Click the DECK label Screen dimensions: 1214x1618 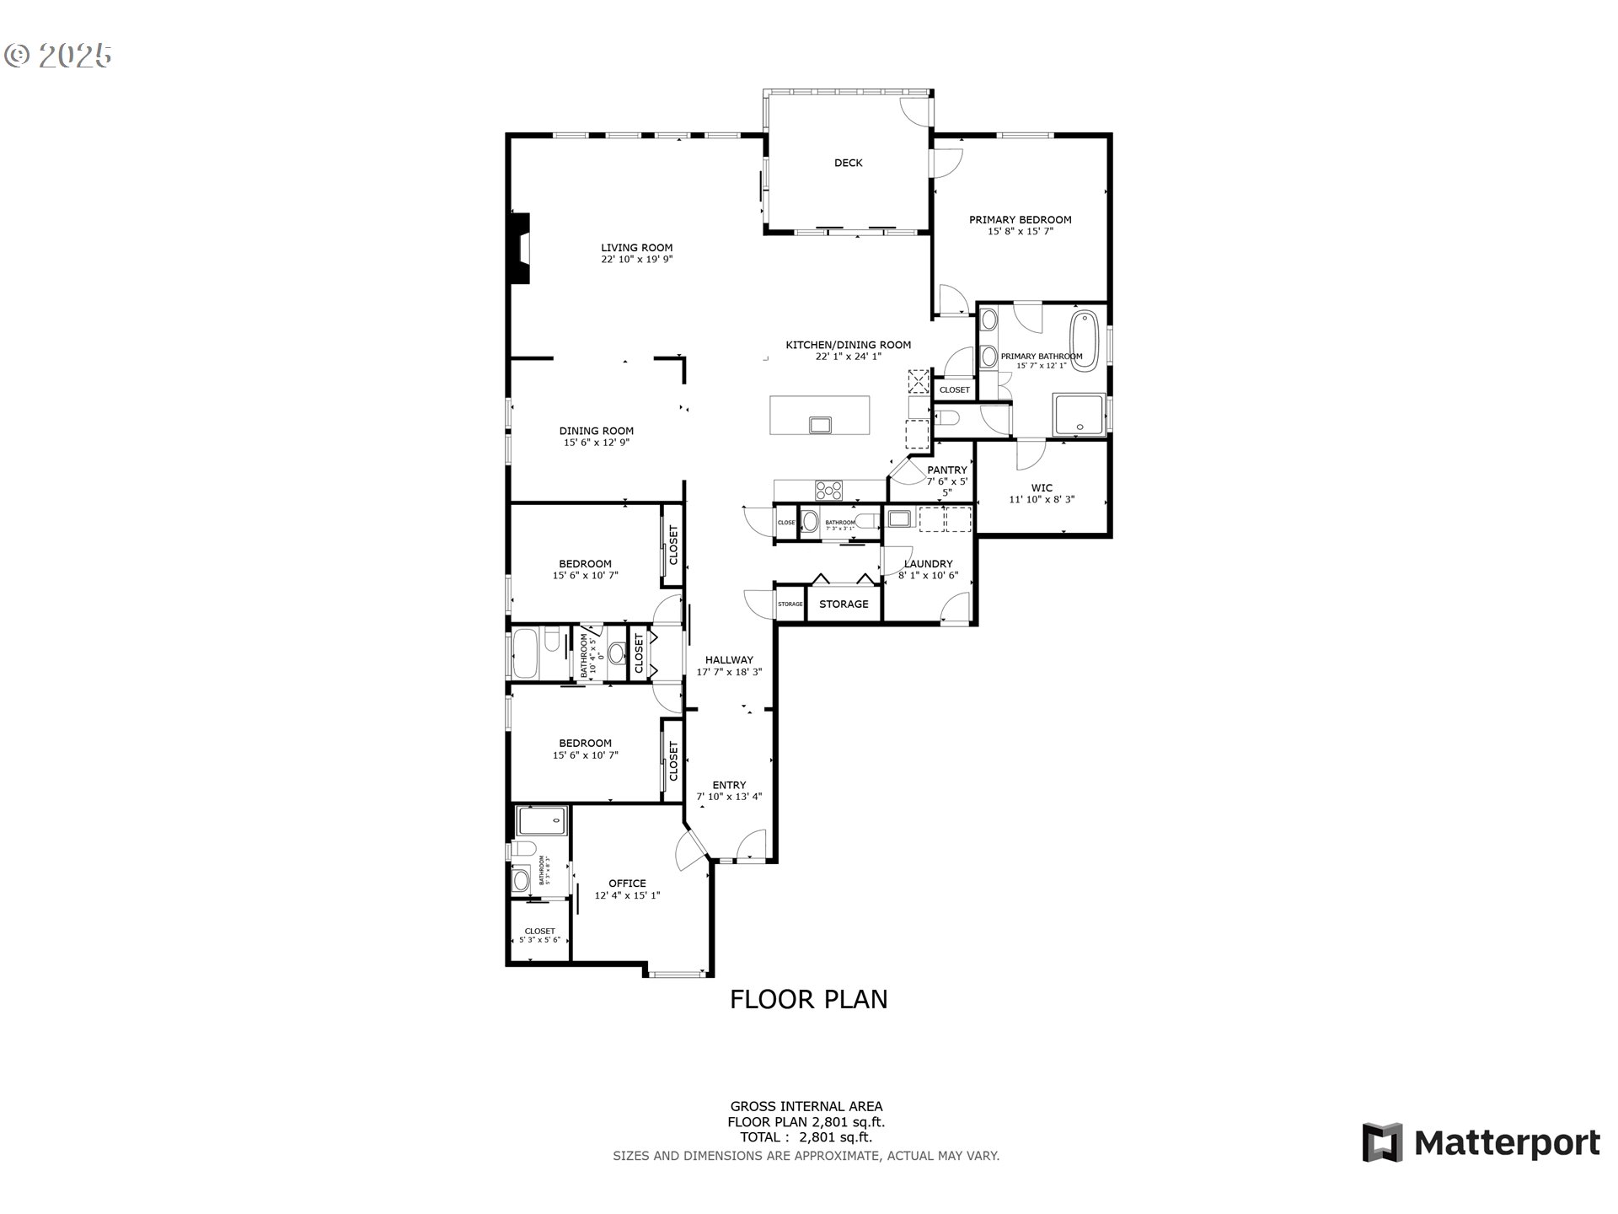coord(848,163)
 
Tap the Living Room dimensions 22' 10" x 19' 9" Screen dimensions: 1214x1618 coord(636,260)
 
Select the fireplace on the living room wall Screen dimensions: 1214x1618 coord(522,249)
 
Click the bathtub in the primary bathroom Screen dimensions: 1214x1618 coord(1084,341)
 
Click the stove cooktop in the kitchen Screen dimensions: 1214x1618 coord(828,490)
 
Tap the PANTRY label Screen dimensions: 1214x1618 coord(947,470)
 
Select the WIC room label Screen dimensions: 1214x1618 coord(1042,487)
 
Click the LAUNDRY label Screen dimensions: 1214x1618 coord(928,564)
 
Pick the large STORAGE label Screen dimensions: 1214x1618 coord(844,604)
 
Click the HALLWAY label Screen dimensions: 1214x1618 coord(729,660)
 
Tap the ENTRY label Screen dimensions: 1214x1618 coord(729,785)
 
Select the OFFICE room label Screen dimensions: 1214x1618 coord(627,884)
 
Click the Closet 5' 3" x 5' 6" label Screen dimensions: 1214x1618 coord(539,935)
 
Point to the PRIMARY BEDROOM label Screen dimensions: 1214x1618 coord(1020,219)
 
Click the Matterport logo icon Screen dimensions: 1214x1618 coord(1382,1142)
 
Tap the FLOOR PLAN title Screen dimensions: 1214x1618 coord(808,999)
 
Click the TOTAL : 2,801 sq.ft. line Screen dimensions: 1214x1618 coord(806,1137)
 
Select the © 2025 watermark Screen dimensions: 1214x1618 coord(57,56)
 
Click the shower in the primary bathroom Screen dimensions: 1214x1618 coord(1080,414)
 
